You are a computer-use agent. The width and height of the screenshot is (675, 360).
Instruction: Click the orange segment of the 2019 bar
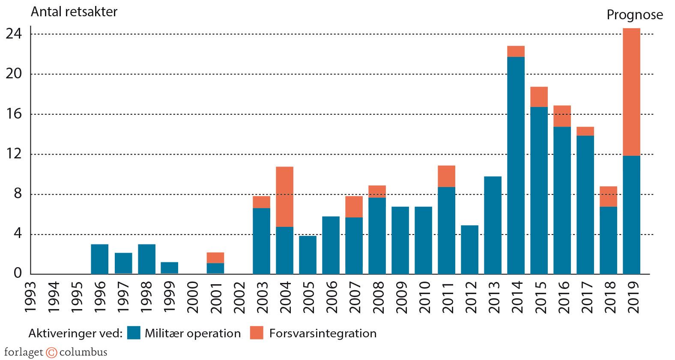(631, 92)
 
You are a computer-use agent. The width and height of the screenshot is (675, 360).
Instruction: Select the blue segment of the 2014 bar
(516, 165)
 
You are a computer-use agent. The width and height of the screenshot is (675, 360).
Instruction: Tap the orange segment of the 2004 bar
(284, 196)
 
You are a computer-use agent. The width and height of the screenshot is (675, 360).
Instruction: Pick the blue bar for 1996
(99, 259)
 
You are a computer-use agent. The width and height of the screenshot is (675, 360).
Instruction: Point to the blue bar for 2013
(493, 225)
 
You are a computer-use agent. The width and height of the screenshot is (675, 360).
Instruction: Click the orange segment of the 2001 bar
(215, 258)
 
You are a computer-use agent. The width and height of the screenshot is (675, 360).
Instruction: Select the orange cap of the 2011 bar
(446, 176)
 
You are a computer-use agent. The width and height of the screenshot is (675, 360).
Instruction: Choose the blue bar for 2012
(469, 250)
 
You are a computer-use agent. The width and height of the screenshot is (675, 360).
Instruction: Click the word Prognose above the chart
(634, 15)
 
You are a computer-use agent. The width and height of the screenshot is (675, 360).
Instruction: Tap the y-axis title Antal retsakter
(74, 12)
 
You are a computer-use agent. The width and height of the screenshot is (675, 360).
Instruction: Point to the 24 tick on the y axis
(13, 34)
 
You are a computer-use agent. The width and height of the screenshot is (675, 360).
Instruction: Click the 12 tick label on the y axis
(13, 154)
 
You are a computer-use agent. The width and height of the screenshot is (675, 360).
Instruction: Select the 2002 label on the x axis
(239, 297)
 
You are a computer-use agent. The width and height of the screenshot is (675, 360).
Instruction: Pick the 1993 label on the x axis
(30, 297)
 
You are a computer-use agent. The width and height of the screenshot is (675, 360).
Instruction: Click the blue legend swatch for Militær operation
(134, 333)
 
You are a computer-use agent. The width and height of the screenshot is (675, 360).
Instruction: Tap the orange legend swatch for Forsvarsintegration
(257, 333)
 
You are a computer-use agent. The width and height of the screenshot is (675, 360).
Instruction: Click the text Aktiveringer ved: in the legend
(75, 333)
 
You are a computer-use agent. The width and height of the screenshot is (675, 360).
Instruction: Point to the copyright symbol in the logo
(51, 352)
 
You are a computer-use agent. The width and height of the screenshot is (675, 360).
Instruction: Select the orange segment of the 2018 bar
(608, 196)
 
